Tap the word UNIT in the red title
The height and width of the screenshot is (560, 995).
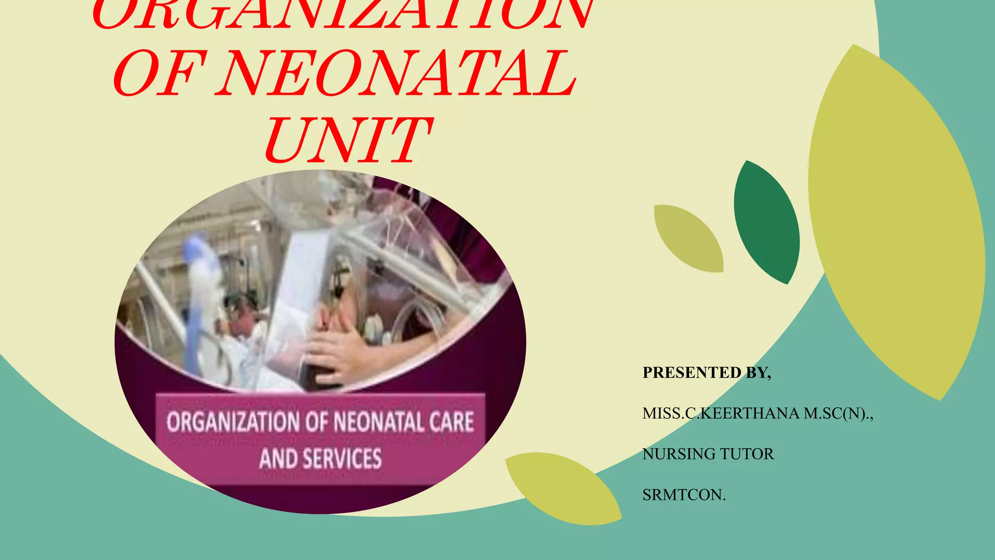point(347,141)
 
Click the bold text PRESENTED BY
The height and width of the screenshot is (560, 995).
point(706,372)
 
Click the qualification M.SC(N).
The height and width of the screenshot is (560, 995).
point(838,413)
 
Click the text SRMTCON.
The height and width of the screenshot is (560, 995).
point(684,495)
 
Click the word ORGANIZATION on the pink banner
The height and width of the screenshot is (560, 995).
point(233,422)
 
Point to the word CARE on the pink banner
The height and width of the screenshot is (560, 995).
point(451,422)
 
